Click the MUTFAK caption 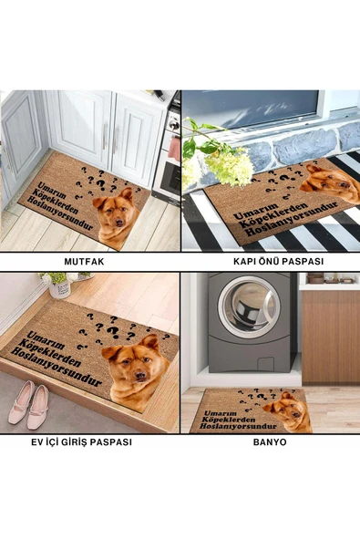coord(84,262)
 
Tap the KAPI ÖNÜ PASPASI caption coord(278,262)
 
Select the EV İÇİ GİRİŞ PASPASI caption coord(81,441)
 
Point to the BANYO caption coord(270,441)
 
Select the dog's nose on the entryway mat coord(140,375)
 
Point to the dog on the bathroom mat coord(288,411)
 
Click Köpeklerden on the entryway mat coord(50,352)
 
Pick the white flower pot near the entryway coord(60,288)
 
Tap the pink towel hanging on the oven coord(174,149)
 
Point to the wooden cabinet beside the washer coord(331,337)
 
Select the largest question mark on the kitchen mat coord(101,185)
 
